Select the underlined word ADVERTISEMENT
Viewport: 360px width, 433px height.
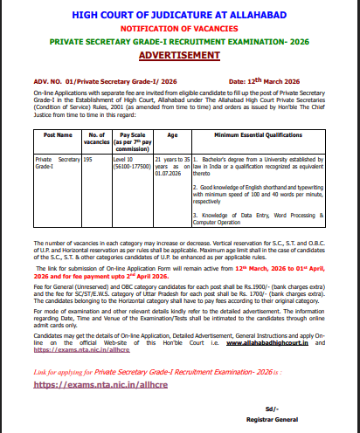[x=180, y=55]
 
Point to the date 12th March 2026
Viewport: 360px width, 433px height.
[x=285, y=80]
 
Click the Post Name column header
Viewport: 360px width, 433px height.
[x=58, y=136]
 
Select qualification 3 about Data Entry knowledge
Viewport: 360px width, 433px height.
[x=261, y=217]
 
